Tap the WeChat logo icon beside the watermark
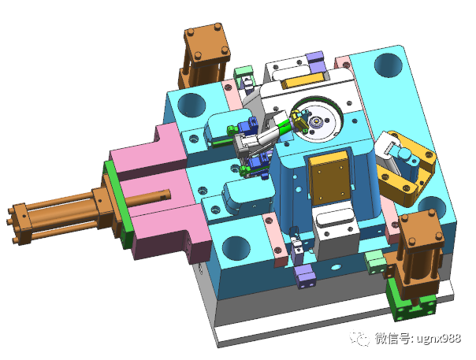coord(360,338)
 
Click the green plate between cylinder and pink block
coord(118,203)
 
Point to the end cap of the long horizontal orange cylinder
coord(19,224)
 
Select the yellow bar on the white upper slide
coord(301,80)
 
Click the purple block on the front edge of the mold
coord(306,276)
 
